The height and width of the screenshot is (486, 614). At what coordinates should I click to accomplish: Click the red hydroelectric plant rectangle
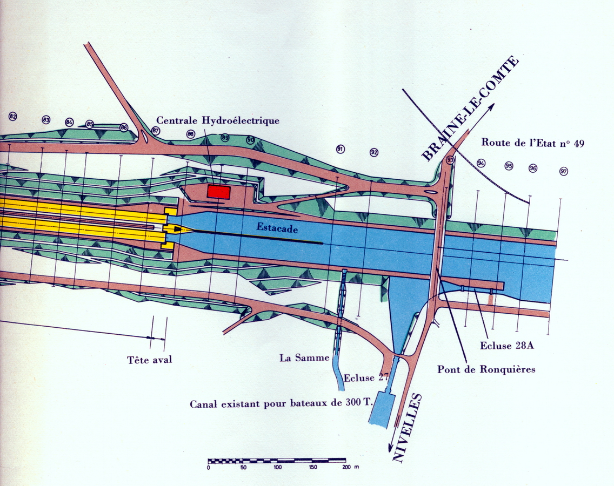218,192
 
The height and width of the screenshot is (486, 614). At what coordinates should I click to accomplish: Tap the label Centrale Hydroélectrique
218,120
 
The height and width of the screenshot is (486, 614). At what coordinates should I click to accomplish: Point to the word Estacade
277,228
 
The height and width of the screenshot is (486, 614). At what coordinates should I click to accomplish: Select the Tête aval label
150,360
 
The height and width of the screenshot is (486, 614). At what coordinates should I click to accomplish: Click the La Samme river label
304,357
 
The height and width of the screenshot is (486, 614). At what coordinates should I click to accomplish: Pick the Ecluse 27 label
366,378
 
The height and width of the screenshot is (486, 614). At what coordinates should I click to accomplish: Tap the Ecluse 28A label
507,346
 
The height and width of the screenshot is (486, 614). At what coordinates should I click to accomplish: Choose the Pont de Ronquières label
486,369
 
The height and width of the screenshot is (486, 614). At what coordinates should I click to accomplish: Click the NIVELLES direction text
407,428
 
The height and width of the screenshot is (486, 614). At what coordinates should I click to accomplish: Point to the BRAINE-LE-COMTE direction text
470,109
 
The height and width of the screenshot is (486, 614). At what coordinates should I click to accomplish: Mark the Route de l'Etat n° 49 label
532,143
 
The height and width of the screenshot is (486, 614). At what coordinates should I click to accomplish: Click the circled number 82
13,116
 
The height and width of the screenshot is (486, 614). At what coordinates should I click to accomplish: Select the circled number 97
564,171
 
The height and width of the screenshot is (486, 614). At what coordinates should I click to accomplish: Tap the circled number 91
341,148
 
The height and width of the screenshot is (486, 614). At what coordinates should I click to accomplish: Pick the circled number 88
191,134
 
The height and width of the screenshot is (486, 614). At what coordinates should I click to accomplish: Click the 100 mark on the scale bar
277,467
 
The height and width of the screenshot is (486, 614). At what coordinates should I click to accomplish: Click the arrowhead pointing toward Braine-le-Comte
491,107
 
